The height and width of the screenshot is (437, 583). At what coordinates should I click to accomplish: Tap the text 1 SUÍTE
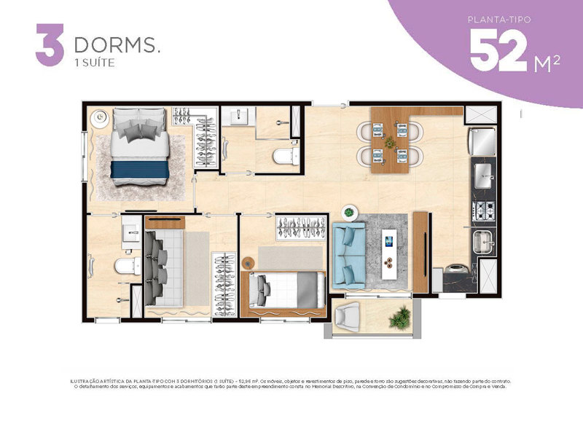[x=95, y=63]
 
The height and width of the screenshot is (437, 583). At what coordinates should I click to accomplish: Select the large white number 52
[x=498, y=52]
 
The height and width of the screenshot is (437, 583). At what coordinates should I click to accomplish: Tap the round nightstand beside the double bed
[x=99, y=114]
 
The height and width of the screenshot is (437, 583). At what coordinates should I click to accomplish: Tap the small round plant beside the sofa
[x=349, y=213]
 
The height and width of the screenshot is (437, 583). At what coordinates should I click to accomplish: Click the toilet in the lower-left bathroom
[x=125, y=267]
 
